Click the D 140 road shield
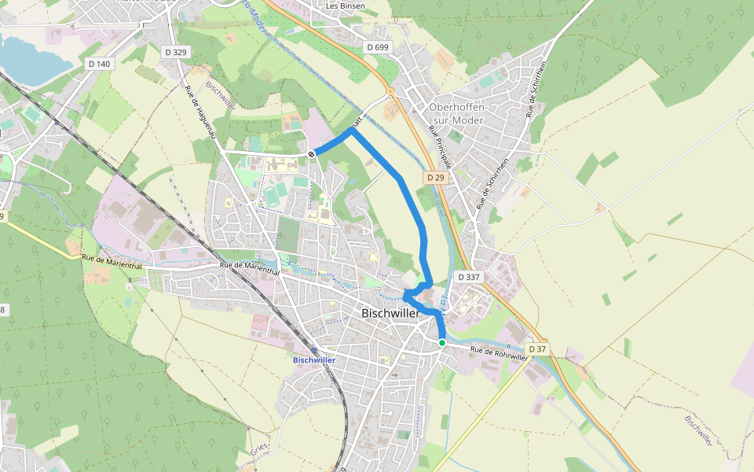click(99, 63)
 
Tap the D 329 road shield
click(177, 51)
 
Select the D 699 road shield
click(378, 47)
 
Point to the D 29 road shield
click(436, 178)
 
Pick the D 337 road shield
click(468, 277)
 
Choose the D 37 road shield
click(537, 348)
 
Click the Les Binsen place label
click(346, 5)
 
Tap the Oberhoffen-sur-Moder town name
click(459, 113)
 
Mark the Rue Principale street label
click(441, 147)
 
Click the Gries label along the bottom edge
click(260, 448)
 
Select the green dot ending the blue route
click(442, 343)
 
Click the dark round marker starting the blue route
click(312, 153)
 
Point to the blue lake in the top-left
click(27, 60)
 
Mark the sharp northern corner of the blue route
click(352, 130)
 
